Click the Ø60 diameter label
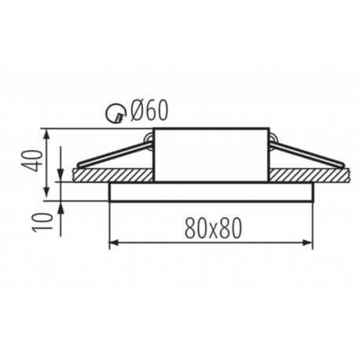click(149, 111)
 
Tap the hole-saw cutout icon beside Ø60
click(116, 113)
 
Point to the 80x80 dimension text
click(213, 228)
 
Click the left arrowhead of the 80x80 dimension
click(114, 243)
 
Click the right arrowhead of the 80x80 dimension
click(307, 243)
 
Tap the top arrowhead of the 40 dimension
click(46, 134)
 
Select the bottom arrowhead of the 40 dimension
click(46, 191)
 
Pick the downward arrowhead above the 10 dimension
click(61, 176)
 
